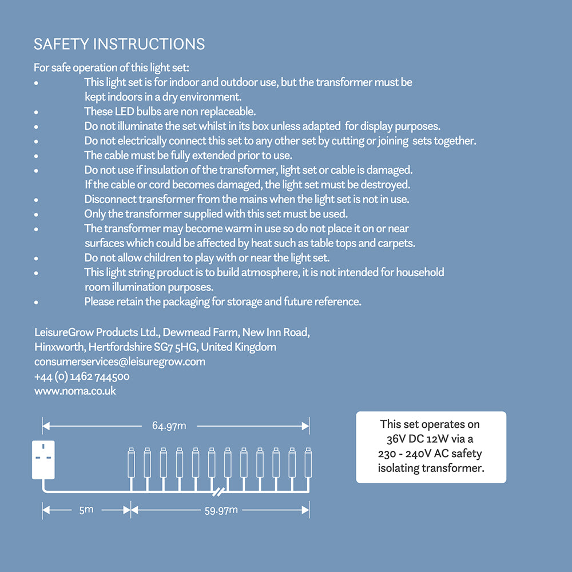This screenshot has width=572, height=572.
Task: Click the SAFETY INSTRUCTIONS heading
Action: tap(119, 44)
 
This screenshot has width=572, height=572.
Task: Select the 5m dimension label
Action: tap(86, 509)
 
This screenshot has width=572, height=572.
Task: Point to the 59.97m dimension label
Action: tap(221, 510)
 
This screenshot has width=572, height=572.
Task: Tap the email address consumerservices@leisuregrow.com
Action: tap(120, 362)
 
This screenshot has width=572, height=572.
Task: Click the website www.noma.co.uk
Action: tap(75, 391)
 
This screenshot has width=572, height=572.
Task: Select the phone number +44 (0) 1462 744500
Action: tap(82, 376)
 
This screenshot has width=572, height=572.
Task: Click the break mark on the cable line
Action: tap(218, 491)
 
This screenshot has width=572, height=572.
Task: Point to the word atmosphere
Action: tap(269, 272)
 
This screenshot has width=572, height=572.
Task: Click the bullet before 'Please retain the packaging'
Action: tap(36, 302)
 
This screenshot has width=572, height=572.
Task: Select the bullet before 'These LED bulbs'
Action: tap(36, 112)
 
